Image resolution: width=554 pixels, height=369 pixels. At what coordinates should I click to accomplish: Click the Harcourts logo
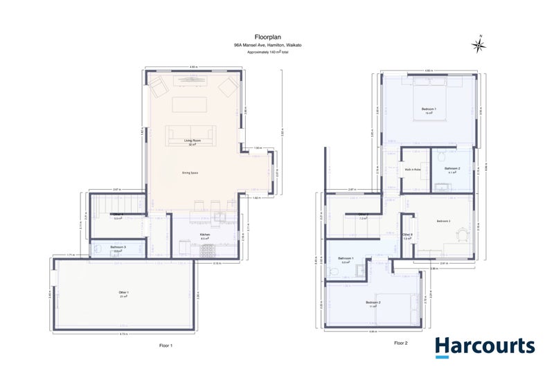484,346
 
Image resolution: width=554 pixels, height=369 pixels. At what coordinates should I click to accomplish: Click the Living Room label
190,141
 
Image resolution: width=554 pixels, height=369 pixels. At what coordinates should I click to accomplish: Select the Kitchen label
205,235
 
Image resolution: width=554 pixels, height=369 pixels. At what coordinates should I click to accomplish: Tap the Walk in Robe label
412,169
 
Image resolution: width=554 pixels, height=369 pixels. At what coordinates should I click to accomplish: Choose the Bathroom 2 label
452,168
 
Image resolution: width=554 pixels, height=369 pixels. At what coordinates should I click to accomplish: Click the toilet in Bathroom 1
334,272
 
